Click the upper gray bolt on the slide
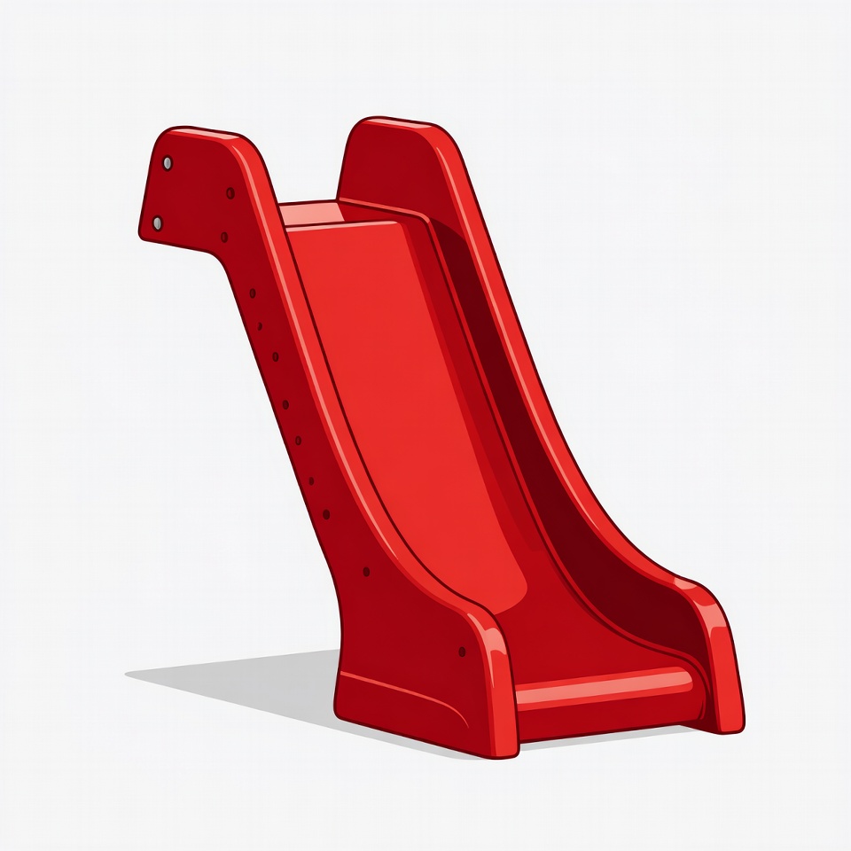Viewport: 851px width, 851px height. tap(167, 163)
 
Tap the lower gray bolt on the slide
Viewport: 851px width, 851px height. tap(158, 223)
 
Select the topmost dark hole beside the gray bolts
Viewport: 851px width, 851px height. tap(230, 192)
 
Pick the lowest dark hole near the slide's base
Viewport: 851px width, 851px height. tap(462, 652)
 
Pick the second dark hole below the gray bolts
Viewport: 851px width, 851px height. tap(224, 237)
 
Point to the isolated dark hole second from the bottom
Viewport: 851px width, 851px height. tap(366, 572)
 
